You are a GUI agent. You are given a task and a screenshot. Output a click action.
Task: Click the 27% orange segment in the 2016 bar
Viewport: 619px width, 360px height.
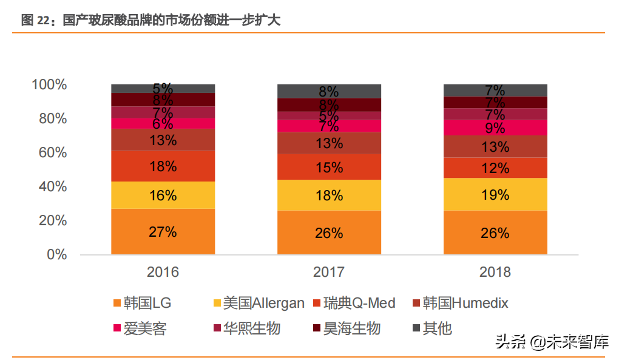[x=163, y=231]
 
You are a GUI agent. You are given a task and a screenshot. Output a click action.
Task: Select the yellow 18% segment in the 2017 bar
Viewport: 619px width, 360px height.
[x=329, y=195]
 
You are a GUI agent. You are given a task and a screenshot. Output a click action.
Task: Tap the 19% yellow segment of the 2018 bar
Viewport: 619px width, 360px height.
[x=495, y=194]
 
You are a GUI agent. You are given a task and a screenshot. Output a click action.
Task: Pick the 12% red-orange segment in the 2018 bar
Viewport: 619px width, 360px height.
[x=495, y=168]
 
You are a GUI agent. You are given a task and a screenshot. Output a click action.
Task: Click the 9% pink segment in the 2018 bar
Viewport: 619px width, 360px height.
[x=495, y=127]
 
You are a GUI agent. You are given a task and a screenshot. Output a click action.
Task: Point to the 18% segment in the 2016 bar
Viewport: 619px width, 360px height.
[x=163, y=166]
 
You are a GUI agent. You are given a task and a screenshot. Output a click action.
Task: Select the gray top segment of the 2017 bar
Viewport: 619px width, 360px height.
[x=329, y=91]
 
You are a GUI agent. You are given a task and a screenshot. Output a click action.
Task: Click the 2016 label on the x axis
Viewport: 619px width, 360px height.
[x=163, y=272]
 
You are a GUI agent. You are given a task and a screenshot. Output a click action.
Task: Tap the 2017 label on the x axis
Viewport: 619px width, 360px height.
[x=329, y=272]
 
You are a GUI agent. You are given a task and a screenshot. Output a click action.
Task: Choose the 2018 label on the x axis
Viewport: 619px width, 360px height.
[x=495, y=272]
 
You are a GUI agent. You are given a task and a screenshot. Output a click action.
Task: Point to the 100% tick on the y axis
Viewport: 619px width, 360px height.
[x=49, y=84]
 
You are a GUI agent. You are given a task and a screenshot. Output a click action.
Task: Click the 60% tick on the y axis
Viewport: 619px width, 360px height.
[x=52, y=152]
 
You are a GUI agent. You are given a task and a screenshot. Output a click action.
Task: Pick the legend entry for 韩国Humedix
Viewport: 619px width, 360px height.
[x=459, y=303]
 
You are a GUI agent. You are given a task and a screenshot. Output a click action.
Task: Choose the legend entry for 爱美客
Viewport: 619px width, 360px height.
[x=139, y=328]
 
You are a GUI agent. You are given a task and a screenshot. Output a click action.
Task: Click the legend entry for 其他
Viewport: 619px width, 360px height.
[x=431, y=328]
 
